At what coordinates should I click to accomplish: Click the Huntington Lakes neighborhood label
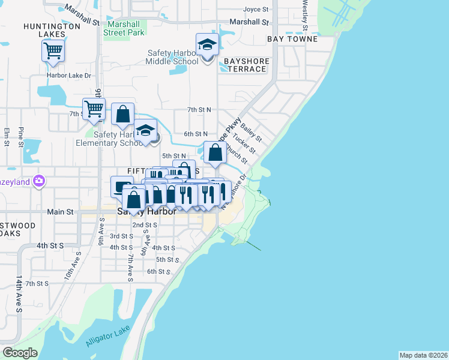tap(52, 31)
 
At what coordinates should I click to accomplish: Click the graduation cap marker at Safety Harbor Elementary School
tap(145, 131)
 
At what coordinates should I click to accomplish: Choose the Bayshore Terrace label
tap(245, 65)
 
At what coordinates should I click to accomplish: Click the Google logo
tap(20, 353)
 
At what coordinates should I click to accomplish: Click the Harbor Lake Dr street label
tap(69, 76)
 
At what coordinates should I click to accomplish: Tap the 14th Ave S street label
tap(19, 295)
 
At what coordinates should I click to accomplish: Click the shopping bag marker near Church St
tap(215, 152)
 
